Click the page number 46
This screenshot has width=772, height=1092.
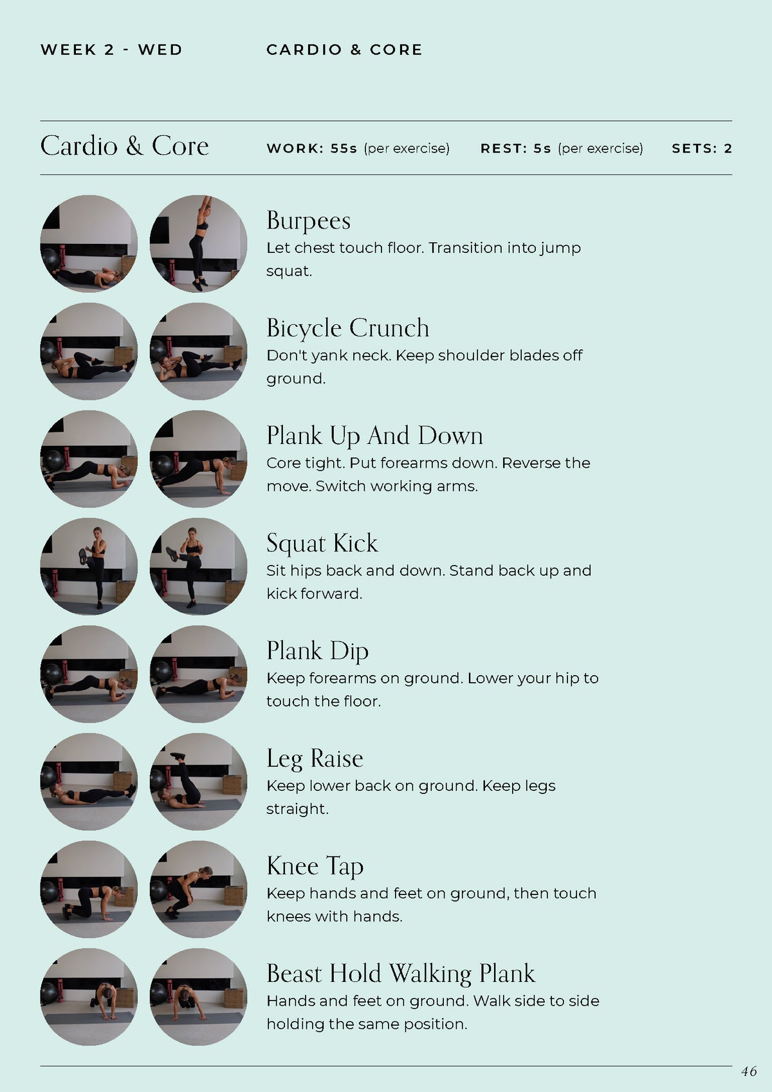click(x=749, y=1071)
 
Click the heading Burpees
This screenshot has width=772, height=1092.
click(x=309, y=221)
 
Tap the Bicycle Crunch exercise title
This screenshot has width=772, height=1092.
click(x=347, y=328)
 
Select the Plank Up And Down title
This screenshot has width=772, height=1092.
click(x=374, y=436)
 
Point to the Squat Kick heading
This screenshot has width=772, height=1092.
click(x=322, y=543)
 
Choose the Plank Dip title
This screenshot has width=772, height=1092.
click(x=317, y=651)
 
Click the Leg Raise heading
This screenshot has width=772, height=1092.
click(x=315, y=758)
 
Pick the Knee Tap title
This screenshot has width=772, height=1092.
click(x=315, y=865)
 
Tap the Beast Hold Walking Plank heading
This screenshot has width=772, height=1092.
click(x=400, y=973)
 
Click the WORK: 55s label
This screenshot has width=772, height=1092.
click(x=312, y=149)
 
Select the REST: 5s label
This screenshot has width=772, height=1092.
click(x=515, y=149)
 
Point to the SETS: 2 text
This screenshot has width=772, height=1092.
click(x=701, y=149)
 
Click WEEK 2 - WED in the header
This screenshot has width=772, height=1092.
click(x=111, y=50)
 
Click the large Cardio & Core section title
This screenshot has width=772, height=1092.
click(x=124, y=146)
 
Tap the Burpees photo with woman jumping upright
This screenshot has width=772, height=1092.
click(x=198, y=244)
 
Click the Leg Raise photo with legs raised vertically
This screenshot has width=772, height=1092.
click(x=198, y=781)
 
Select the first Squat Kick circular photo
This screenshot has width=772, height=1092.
click(x=89, y=566)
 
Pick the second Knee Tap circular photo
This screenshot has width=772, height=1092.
click(x=198, y=889)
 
